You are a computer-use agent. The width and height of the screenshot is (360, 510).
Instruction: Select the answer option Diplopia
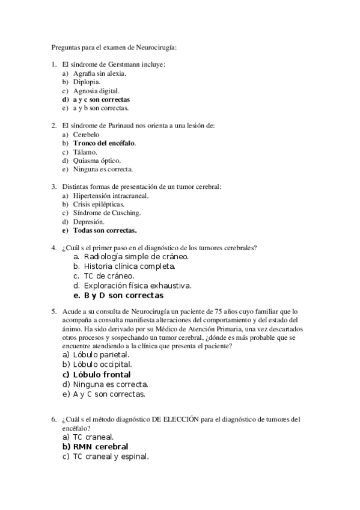click(87, 82)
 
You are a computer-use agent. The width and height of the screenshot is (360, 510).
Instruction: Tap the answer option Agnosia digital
click(96, 91)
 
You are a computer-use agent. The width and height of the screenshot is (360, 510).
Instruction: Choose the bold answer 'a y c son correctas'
click(101, 99)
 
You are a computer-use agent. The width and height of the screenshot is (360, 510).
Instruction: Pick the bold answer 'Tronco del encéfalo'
click(105, 143)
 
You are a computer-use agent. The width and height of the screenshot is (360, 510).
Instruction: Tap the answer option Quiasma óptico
click(97, 161)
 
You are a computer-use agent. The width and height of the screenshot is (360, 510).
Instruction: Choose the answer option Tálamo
click(85, 152)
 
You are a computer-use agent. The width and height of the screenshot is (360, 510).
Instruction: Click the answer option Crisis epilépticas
click(99, 204)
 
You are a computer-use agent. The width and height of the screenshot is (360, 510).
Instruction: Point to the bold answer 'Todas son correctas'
click(105, 230)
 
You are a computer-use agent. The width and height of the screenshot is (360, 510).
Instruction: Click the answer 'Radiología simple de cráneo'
click(136, 256)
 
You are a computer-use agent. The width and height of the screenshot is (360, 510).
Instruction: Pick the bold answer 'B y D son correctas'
click(123, 296)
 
